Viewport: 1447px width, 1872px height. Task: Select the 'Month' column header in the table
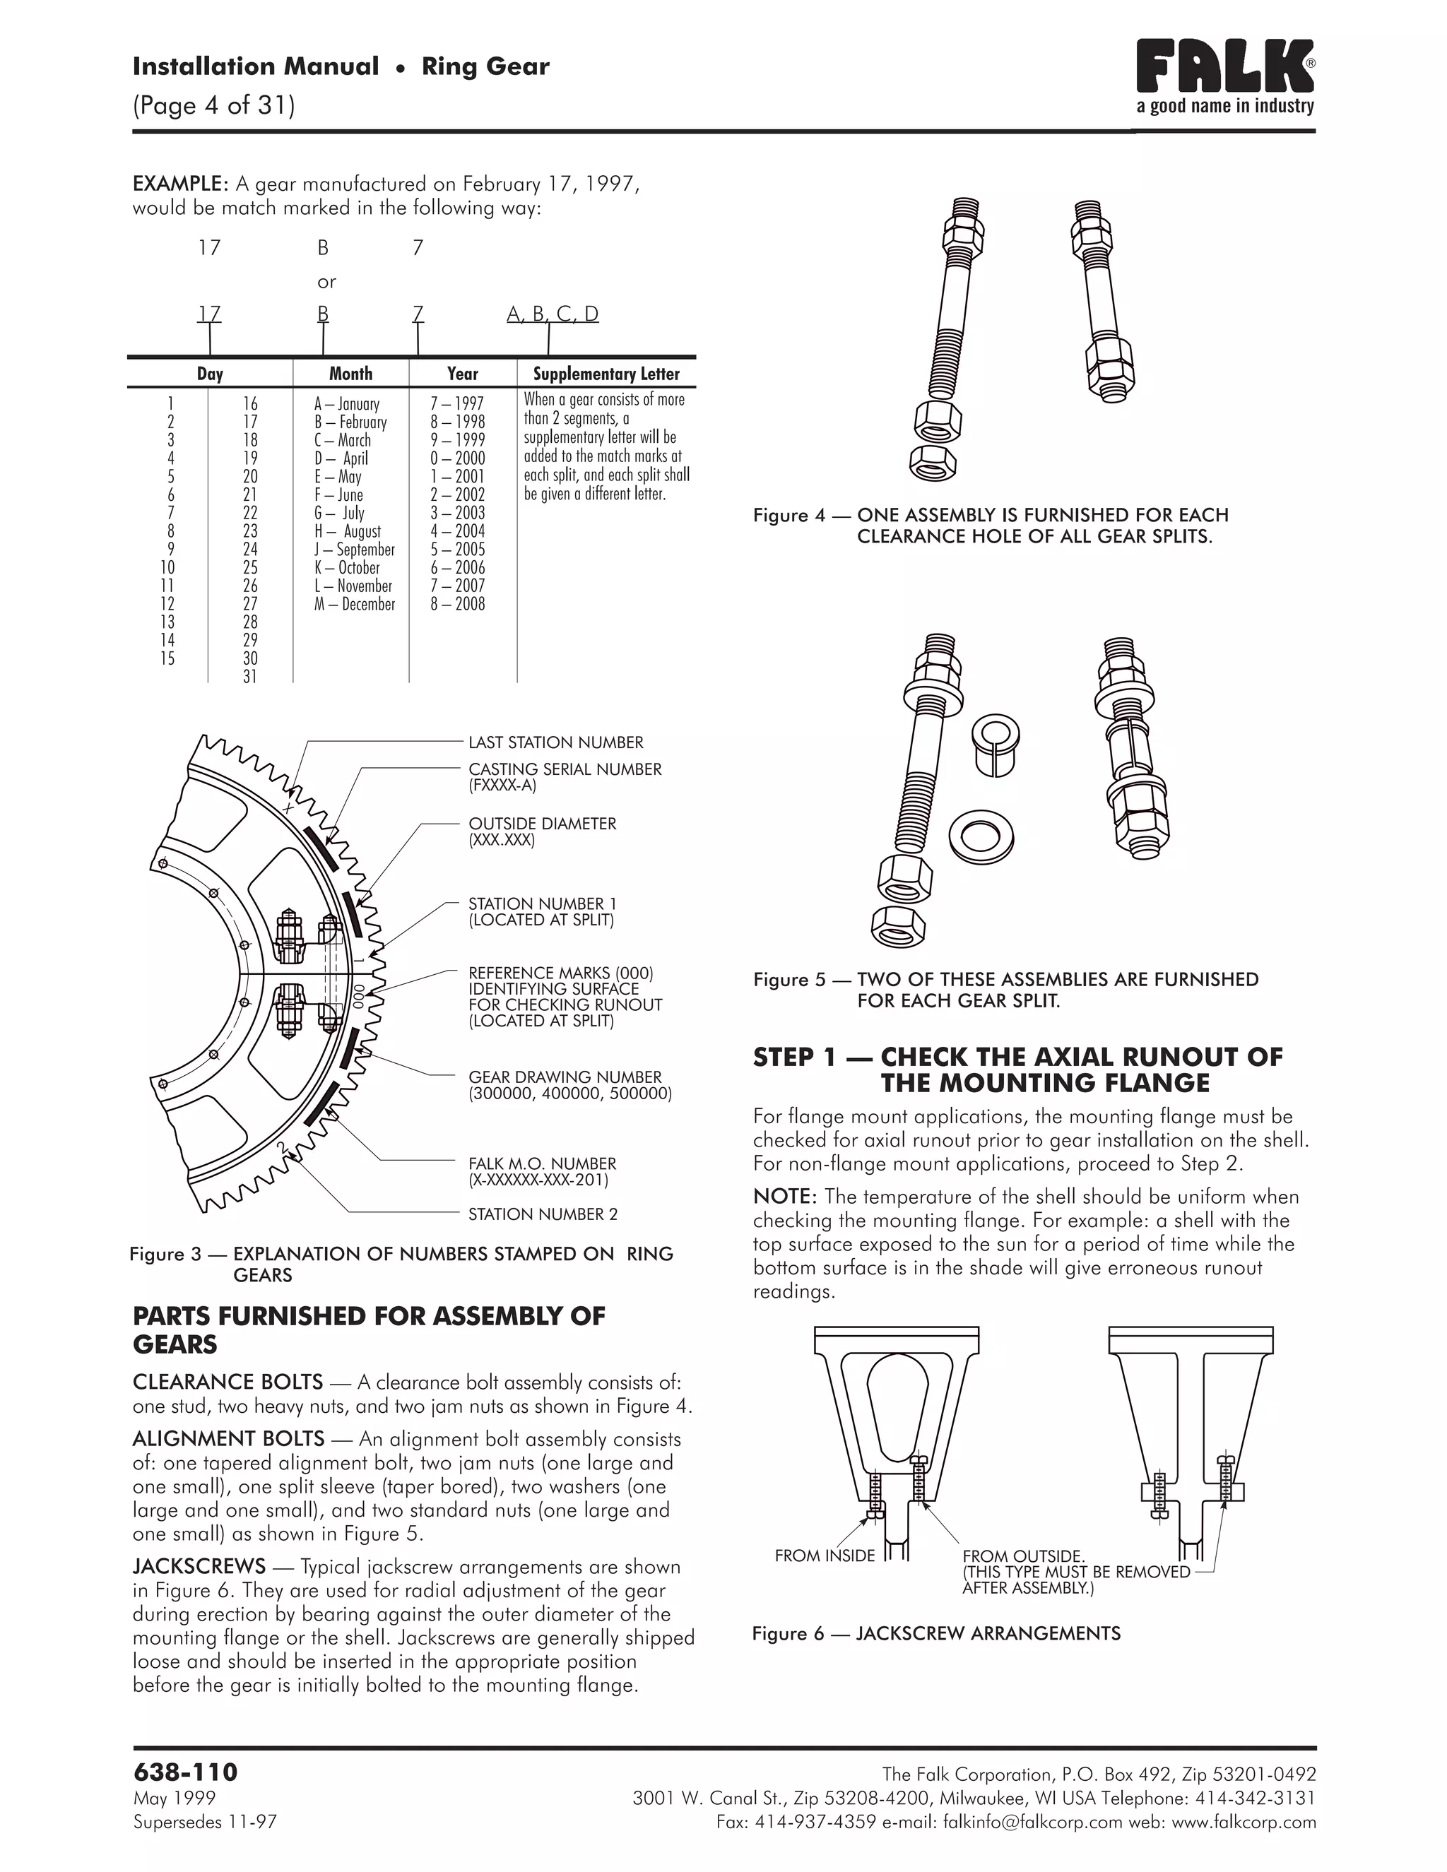pyautogui.click(x=350, y=374)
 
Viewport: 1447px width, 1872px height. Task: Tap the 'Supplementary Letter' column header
pyautogui.click(x=606, y=374)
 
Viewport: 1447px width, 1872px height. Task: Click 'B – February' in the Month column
pyautogui.click(x=350, y=422)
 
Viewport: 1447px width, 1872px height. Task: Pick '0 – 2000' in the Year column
pyautogui.click(x=458, y=458)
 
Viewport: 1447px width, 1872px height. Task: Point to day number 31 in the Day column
pyautogui.click(x=249, y=676)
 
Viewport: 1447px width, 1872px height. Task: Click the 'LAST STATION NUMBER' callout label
pyautogui.click(x=555, y=742)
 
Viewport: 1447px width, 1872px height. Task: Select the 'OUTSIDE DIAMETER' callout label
pyautogui.click(x=542, y=824)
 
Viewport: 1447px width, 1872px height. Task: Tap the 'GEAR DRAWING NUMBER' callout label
pyautogui.click(x=565, y=1077)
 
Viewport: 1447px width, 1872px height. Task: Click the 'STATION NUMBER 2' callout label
pyautogui.click(x=543, y=1214)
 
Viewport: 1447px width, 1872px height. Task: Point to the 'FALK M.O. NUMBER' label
pyautogui.click(x=542, y=1164)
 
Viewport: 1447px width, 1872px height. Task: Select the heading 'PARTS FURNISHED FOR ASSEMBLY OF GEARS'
pyautogui.click(x=369, y=1329)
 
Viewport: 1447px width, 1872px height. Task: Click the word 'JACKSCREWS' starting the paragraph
pyautogui.click(x=199, y=1567)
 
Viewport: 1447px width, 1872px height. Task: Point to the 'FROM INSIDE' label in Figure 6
pyautogui.click(x=824, y=1556)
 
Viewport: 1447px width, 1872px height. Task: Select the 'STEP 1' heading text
pyautogui.click(x=1017, y=1070)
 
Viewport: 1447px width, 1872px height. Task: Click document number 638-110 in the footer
pyautogui.click(x=185, y=1771)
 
